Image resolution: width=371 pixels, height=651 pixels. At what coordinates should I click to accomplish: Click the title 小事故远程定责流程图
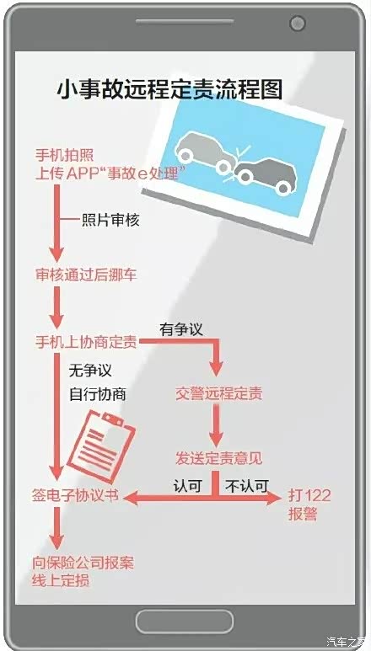pyautogui.click(x=169, y=89)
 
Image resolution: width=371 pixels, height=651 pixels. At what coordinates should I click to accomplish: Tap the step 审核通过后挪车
pyautogui.click(x=86, y=275)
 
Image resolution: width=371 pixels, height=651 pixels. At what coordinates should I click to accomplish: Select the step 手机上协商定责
pyautogui.click(x=86, y=343)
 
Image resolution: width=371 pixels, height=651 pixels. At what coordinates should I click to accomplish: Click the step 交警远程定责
pyautogui.click(x=218, y=394)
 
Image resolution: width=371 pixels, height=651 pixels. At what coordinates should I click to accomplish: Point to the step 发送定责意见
pyautogui.click(x=218, y=459)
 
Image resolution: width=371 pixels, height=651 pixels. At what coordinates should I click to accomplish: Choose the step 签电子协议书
pyautogui.click(x=75, y=496)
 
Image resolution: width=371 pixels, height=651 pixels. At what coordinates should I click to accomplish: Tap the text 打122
pyautogui.click(x=309, y=496)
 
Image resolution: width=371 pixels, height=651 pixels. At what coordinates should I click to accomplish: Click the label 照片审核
pyautogui.click(x=110, y=221)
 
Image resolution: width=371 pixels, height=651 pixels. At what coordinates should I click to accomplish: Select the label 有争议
pyautogui.click(x=181, y=330)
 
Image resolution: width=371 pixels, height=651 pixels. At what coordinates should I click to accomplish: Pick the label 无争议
pyautogui.click(x=90, y=370)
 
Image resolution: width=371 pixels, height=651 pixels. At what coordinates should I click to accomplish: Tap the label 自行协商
pyautogui.click(x=98, y=394)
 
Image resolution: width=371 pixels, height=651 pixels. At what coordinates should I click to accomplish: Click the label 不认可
pyautogui.click(x=247, y=485)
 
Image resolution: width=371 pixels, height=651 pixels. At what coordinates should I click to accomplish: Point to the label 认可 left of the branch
pyautogui.click(x=188, y=485)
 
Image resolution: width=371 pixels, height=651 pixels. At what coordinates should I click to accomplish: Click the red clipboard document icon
pyautogui.click(x=101, y=446)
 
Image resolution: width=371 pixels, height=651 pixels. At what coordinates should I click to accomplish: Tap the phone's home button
pyautogui.click(x=185, y=622)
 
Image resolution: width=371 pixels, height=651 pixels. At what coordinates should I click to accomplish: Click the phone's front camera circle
pyautogui.click(x=298, y=23)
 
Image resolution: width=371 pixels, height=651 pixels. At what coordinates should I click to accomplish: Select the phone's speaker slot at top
pyautogui.click(x=185, y=22)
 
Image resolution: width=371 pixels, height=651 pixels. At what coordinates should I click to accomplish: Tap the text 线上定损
pyautogui.click(x=61, y=580)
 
